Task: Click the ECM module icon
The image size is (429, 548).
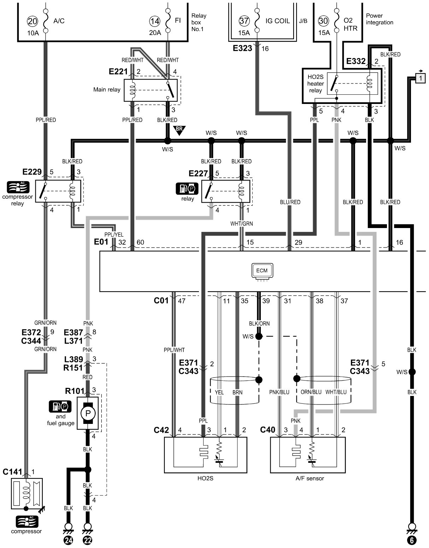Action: click(x=262, y=271)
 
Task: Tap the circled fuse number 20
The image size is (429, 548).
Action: click(x=32, y=22)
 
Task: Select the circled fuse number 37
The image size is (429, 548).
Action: click(x=244, y=21)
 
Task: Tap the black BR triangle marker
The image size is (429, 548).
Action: click(x=179, y=130)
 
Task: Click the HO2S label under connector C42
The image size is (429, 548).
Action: click(x=206, y=478)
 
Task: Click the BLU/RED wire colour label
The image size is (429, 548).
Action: click(x=290, y=202)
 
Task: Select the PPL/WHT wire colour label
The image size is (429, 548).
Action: click(x=174, y=350)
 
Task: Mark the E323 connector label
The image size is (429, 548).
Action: click(x=242, y=48)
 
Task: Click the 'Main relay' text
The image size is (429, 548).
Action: click(x=107, y=89)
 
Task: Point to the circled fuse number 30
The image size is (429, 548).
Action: click(x=323, y=21)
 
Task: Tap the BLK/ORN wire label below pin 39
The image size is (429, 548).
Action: click(x=259, y=323)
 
